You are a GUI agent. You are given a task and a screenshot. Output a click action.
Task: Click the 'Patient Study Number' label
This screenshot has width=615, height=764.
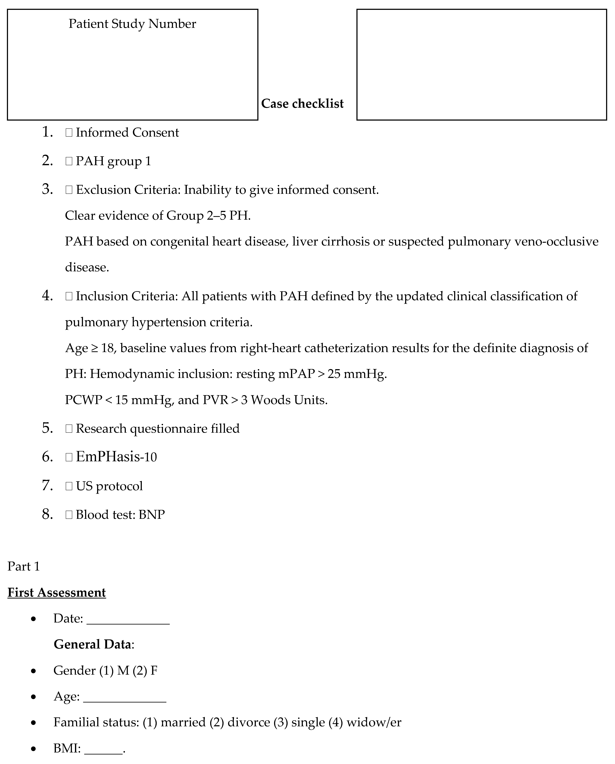132,24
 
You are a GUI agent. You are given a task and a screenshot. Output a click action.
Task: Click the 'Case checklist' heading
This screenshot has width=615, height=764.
302,104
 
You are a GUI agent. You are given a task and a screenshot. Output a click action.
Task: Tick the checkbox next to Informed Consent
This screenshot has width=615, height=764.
69,133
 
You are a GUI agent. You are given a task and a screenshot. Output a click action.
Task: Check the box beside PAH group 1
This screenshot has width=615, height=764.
69,161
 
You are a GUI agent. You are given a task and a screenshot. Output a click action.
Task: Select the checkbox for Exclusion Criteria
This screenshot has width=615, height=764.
69,190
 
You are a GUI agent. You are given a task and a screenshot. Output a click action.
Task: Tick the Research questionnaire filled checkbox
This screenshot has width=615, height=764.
69,429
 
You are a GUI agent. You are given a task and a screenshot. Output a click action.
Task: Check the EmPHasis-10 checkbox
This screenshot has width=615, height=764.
69,457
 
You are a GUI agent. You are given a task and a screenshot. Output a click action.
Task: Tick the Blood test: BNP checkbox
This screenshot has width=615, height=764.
69,515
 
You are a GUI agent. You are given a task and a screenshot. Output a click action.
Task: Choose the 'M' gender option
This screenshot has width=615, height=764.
123,671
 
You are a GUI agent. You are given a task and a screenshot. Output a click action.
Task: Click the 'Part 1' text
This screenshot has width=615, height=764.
23,567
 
